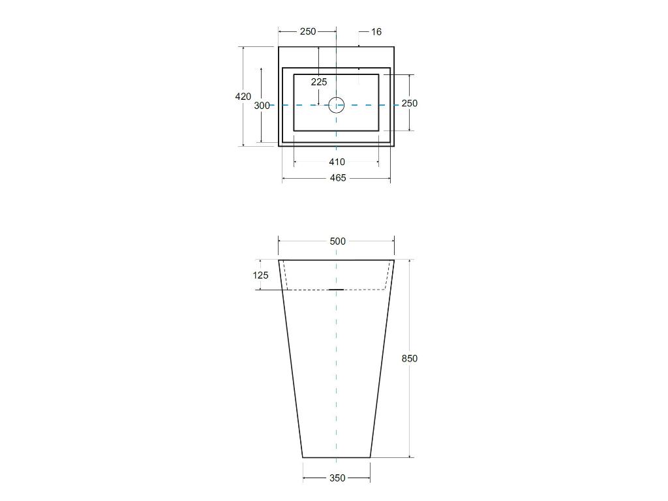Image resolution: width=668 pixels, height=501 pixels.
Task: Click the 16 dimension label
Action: tap(376, 31)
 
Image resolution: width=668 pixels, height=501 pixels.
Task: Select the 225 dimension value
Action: tap(318, 82)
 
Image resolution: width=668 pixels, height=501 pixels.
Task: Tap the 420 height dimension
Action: tap(243, 97)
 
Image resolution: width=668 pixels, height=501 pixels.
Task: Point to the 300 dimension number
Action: tap(262, 105)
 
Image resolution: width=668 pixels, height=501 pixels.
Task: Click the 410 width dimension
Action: tap(337, 162)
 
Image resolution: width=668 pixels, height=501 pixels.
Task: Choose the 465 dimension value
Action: tap(338, 178)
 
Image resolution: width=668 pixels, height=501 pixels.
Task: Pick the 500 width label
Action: tap(337, 241)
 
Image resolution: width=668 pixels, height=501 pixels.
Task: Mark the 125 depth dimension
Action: tap(260, 275)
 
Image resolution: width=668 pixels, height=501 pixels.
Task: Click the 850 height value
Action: tap(410, 359)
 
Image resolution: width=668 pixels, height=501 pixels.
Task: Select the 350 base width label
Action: tap(337, 478)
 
